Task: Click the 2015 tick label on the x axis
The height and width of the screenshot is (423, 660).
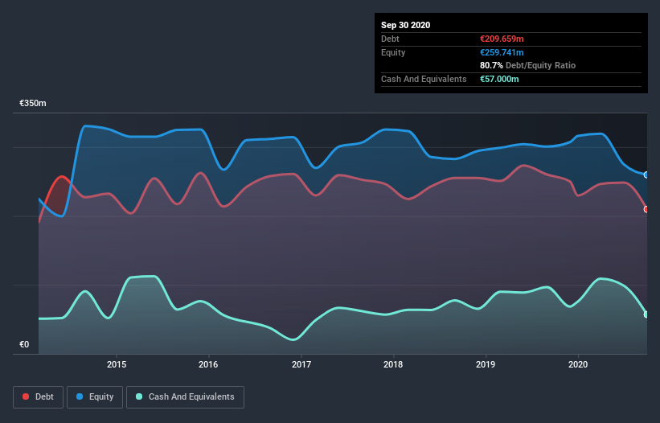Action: pyautogui.click(x=117, y=364)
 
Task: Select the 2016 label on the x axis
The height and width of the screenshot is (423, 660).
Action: pyautogui.click(x=209, y=364)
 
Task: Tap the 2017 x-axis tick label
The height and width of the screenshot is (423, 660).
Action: pyautogui.click(x=301, y=364)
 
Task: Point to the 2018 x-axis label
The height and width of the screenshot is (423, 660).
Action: pyautogui.click(x=393, y=364)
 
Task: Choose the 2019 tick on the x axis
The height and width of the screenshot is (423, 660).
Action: pyautogui.click(x=486, y=364)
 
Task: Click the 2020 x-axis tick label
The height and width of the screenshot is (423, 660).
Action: pyautogui.click(x=578, y=364)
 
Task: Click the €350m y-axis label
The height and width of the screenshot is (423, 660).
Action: pyautogui.click(x=33, y=104)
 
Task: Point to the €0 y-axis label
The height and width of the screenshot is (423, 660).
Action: pyautogui.click(x=24, y=345)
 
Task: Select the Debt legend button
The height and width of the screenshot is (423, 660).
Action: pyautogui.click(x=38, y=396)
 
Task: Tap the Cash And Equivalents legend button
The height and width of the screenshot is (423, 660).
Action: pyautogui.click(x=185, y=396)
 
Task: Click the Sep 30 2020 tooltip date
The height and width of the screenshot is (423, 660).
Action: pyautogui.click(x=405, y=25)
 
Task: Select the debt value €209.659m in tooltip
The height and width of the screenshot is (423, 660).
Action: pyautogui.click(x=502, y=39)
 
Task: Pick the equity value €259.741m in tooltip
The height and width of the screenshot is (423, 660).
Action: pyautogui.click(x=502, y=52)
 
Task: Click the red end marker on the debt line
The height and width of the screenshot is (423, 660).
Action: pyautogui.click(x=646, y=210)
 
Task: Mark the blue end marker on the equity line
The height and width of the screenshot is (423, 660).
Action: pyautogui.click(x=646, y=175)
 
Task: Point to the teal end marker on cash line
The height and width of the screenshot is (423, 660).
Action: pyautogui.click(x=646, y=314)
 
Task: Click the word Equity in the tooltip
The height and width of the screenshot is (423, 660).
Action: pyautogui.click(x=393, y=52)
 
